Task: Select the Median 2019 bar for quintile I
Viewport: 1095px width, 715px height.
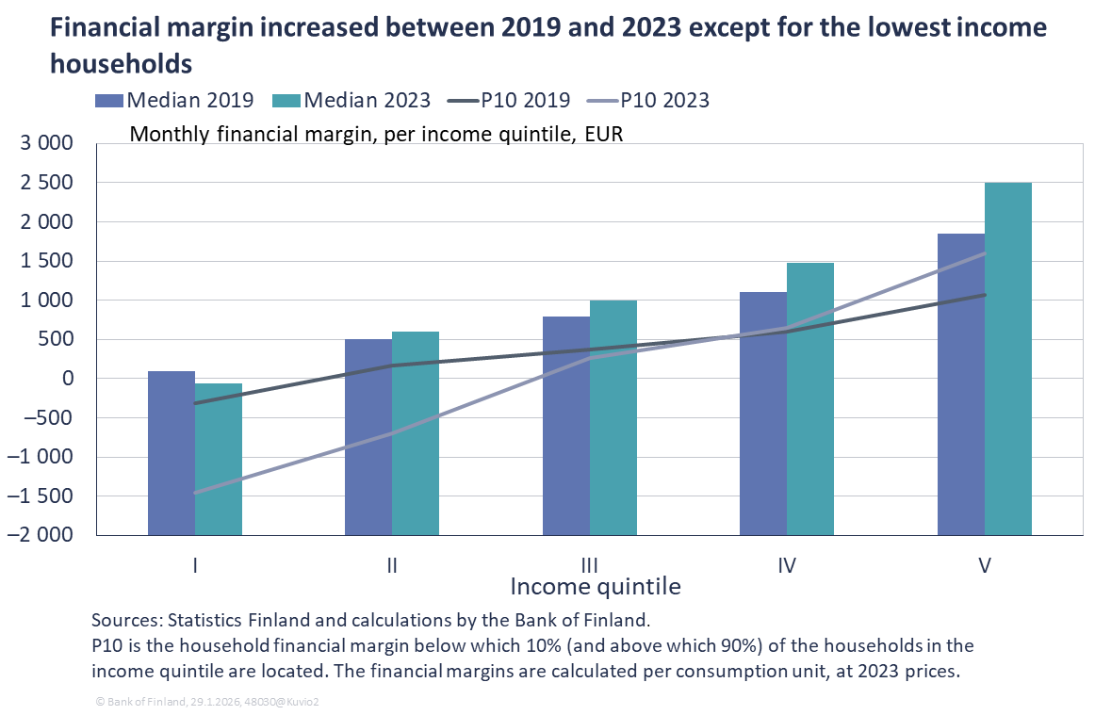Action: (x=172, y=375)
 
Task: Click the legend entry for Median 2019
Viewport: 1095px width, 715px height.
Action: (x=174, y=101)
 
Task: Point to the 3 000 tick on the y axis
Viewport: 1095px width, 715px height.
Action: (x=47, y=144)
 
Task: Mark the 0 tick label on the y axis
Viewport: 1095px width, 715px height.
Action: (x=67, y=379)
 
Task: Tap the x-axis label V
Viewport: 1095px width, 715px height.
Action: (x=985, y=565)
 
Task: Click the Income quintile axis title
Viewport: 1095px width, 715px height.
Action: (x=595, y=587)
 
